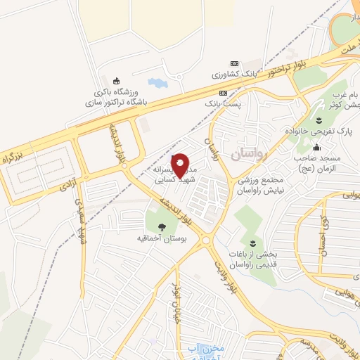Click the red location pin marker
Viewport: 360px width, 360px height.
(x=180, y=165)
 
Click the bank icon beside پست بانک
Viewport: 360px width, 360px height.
(x=223, y=93)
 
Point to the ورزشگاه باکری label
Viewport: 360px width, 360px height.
(x=116, y=92)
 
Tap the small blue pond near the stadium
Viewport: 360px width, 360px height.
(x=157, y=83)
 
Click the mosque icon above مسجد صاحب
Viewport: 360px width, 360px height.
(x=317, y=147)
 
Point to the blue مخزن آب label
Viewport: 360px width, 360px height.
(x=207, y=348)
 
